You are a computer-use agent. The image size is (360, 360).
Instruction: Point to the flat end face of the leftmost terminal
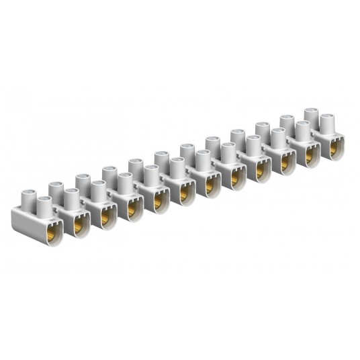pyautogui.click(x=21, y=224)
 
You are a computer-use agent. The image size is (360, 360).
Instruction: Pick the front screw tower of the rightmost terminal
pyautogui.click(x=327, y=126)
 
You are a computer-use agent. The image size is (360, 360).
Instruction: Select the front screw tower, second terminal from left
pyautogui.click(x=72, y=199)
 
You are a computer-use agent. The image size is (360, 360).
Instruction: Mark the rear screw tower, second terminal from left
pyautogui.click(x=82, y=182)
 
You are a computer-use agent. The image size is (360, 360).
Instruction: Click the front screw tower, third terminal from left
pyautogui.click(x=98, y=191)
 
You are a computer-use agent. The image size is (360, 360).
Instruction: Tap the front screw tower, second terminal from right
pyautogui.click(x=302, y=132)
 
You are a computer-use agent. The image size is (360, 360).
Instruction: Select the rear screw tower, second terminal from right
pyautogui.click(x=287, y=123)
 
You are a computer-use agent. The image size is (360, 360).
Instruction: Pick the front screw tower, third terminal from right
pyautogui.click(x=277, y=138)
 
